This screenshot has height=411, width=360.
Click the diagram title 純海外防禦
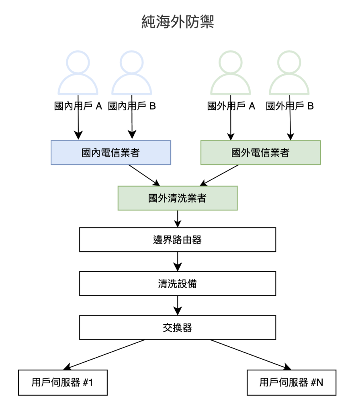pos(178,22)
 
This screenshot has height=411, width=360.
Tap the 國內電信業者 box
pos(110,153)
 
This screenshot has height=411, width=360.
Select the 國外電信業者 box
pos(260,153)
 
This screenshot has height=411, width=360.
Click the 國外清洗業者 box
pos(177,198)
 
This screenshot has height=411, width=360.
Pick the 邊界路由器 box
pos(177,240)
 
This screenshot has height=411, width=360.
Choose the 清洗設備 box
pos(177,284)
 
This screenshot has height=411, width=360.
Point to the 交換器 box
pos(177,328)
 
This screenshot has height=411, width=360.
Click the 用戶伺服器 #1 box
pos(63,383)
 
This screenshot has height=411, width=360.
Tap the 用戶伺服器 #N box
pos(291,383)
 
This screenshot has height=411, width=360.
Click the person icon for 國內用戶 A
pos(78,73)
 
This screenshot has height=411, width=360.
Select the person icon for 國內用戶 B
pos(131,73)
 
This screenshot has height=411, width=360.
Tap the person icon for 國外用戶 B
pos(289,73)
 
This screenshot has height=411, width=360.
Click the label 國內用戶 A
pos(78,106)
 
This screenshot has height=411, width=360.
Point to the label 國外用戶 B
pos(290,106)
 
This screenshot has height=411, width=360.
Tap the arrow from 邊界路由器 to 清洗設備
pos(177,262)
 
